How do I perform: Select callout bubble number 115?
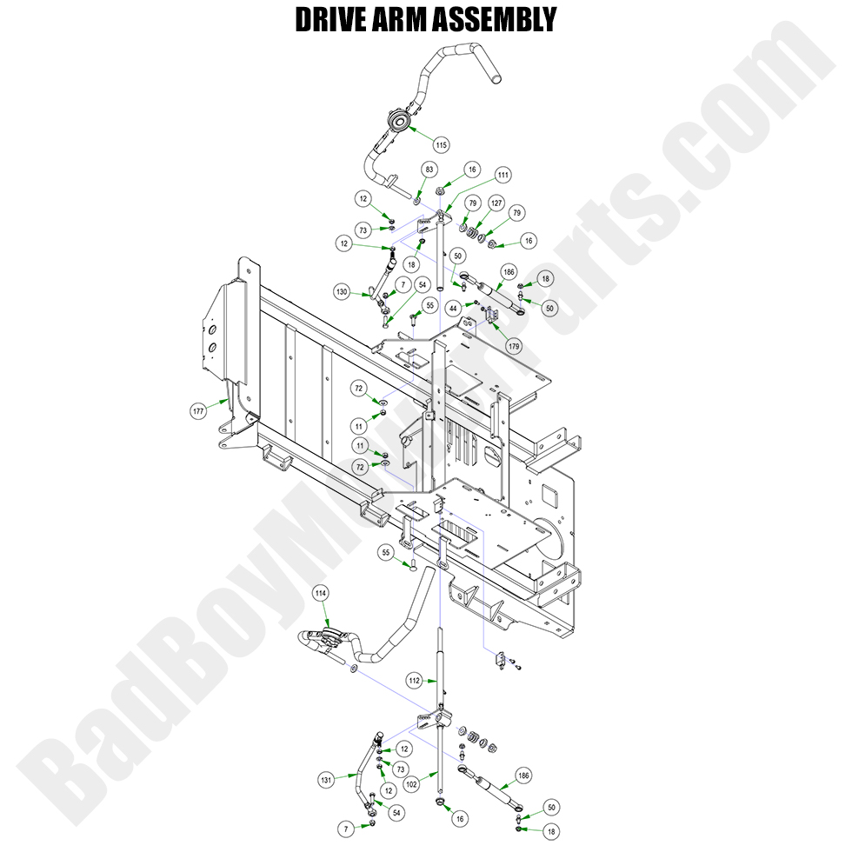coord(441,143)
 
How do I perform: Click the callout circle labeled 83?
coord(429,169)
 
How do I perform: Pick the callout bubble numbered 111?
coord(503,175)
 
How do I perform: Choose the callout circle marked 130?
coord(343,292)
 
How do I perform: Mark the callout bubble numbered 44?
coord(453,309)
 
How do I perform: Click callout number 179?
coord(514,346)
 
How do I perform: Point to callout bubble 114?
coord(321,593)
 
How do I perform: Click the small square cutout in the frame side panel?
coord(549,495)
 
